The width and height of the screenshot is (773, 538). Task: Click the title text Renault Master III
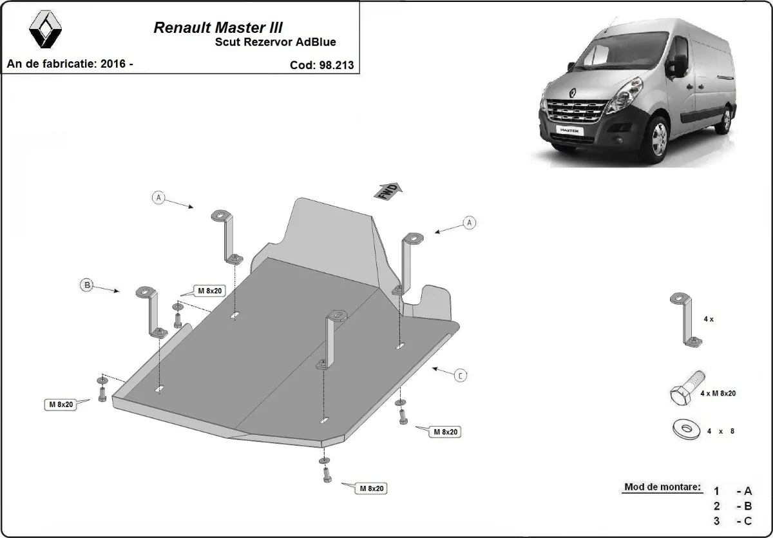coord(218,28)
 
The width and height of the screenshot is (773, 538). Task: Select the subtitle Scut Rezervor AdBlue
coord(274,43)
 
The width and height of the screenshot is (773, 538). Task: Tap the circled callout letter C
coord(460,375)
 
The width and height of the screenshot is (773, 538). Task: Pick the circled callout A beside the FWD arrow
coord(470,223)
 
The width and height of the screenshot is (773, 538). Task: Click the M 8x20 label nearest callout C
coord(445,432)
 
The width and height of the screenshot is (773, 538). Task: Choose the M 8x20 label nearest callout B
coord(209,291)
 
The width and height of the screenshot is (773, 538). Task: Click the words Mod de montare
coord(662,487)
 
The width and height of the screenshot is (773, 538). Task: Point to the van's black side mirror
coord(679,64)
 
